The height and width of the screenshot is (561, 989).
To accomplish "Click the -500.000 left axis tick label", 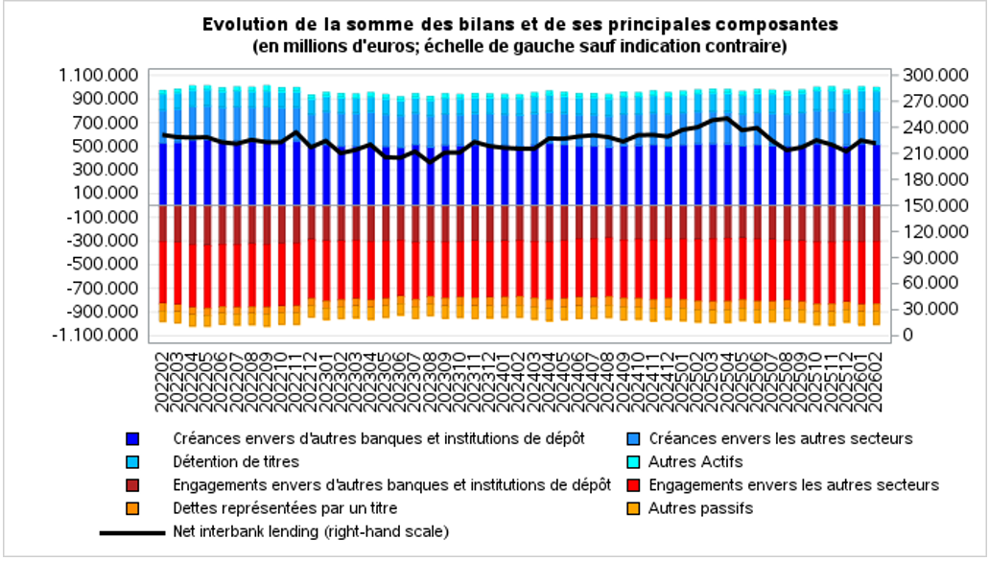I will click(x=104, y=265).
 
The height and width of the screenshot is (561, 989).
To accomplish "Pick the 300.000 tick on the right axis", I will click(x=927, y=76).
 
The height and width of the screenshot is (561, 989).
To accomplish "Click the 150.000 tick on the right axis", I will click(x=927, y=205).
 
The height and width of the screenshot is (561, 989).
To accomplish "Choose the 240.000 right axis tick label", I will click(x=927, y=128).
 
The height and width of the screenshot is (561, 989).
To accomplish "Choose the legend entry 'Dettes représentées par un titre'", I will click(x=285, y=508).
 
